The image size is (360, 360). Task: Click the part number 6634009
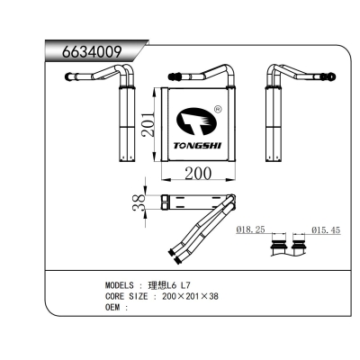click(x=89, y=50)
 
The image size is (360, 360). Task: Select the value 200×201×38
click(x=191, y=295)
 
